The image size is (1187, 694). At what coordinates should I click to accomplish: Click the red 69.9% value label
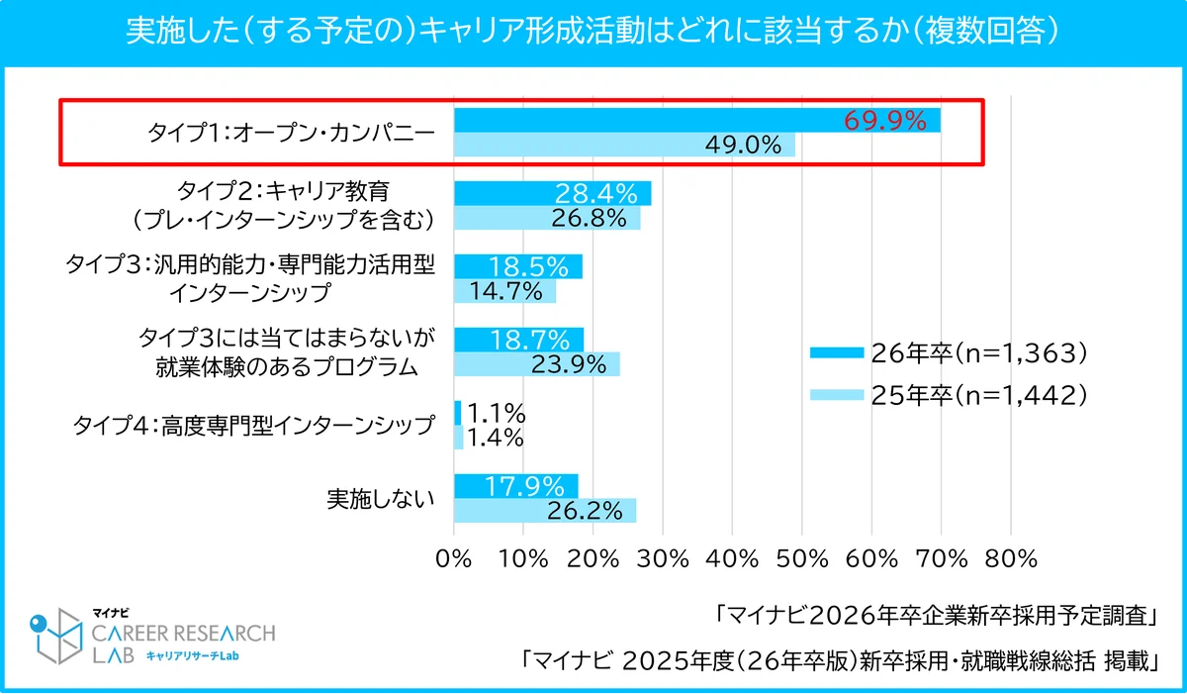click(884, 122)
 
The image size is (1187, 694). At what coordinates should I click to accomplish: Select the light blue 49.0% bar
click(623, 146)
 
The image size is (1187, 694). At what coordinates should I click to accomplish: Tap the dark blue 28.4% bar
click(552, 193)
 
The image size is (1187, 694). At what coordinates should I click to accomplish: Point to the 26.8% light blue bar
click(546, 218)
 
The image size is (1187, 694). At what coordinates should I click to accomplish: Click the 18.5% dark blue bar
click(517, 266)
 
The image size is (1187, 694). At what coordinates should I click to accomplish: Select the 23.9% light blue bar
click(536, 364)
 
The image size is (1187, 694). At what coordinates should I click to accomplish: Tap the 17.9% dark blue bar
click(515, 486)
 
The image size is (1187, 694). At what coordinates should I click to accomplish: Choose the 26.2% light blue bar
click(544, 511)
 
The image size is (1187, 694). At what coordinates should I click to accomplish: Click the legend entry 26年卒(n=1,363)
click(950, 352)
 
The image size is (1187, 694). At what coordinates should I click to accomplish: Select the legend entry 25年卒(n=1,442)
click(950, 395)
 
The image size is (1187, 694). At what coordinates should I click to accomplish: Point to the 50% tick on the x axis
click(802, 558)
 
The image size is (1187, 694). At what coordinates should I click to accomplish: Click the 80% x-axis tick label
click(1011, 558)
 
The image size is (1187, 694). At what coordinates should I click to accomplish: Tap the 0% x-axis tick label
click(454, 558)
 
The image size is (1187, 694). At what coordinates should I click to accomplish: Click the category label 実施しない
click(381, 499)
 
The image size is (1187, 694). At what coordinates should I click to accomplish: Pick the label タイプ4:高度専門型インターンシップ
click(254, 426)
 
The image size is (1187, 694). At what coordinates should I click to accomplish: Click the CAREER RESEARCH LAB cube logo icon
click(56, 635)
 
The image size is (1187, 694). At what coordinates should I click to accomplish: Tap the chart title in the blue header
click(593, 33)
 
